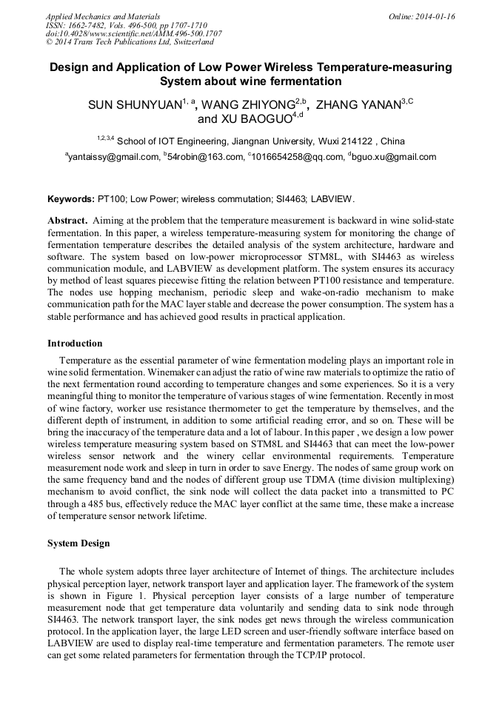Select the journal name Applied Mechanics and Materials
coord(103,16)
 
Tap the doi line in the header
coord(133,34)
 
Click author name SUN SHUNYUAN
coord(134,105)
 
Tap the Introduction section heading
coord(75,344)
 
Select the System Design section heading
coord(78,543)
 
